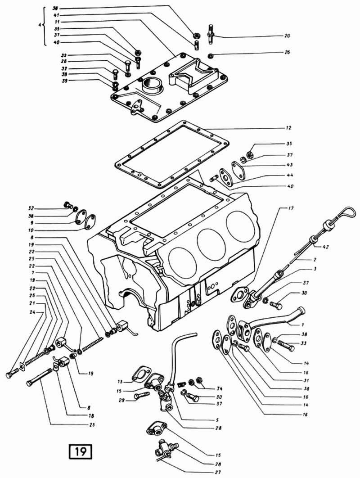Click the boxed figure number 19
(80, 451)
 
